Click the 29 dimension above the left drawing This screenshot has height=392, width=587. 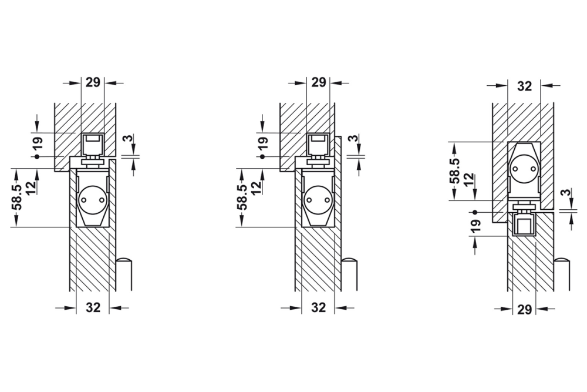(93, 82)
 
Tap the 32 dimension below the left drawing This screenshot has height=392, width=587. (93, 307)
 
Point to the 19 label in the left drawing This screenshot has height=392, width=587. (38, 143)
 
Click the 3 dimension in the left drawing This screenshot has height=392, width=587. (127, 138)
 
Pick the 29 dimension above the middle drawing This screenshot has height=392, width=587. (319, 82)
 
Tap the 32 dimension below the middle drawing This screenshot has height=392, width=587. (319, 307)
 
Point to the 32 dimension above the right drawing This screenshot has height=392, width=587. (524, 86)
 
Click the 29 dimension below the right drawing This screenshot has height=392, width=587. (524, 309)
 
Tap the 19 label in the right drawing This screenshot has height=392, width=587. (475, 226)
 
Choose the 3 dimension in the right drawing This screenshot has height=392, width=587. (568, 193)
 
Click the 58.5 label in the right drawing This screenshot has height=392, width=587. (456, 171)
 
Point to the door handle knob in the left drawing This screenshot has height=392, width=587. (124, 261)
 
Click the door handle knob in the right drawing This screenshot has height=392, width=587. (562, 261)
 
